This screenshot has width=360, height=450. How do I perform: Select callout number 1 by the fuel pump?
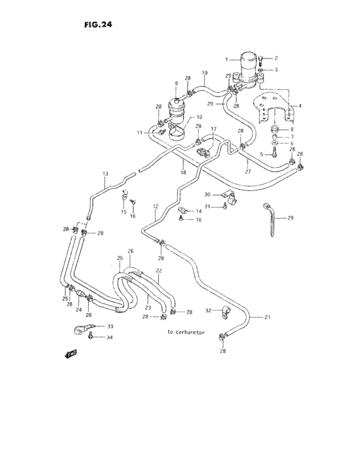coord(226,59)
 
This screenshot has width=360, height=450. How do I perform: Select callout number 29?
coord(290,219)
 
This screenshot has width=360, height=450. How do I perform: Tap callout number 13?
coord(105,174)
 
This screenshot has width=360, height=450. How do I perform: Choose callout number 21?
coord(268,317)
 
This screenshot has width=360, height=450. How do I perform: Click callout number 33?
coord(109,327)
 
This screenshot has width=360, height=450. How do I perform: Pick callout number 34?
coord(109,337)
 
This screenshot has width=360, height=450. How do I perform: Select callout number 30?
coord(208,195)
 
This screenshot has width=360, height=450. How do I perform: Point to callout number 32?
coord(208,310)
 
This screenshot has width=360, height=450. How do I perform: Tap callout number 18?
coord(183,173)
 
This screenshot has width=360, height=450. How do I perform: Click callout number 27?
coord(248,172)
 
